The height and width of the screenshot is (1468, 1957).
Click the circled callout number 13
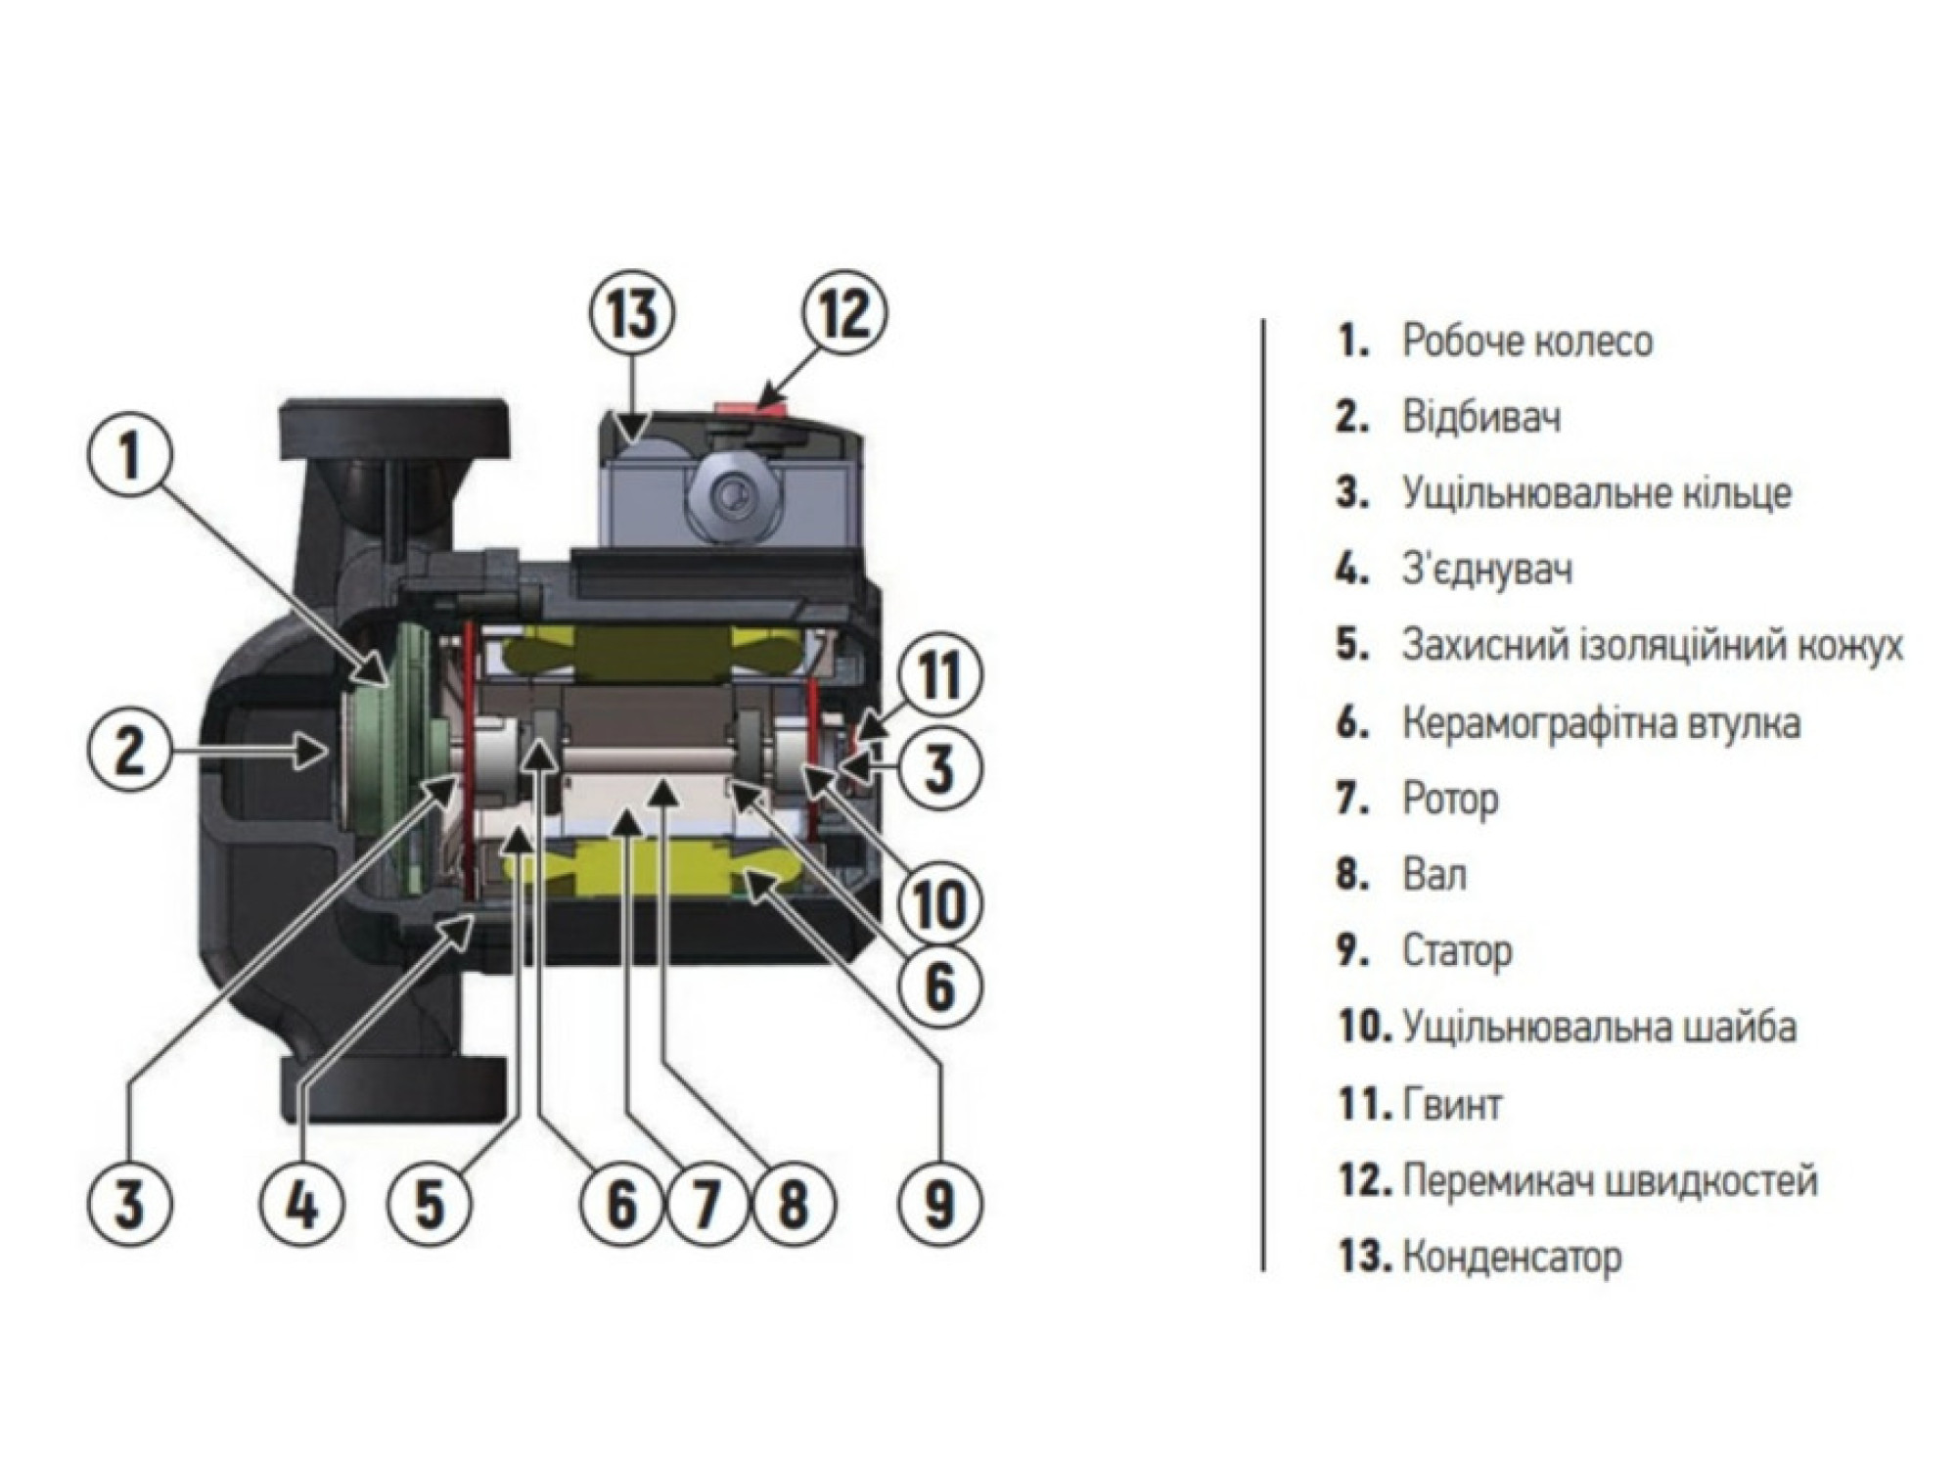point(631,315)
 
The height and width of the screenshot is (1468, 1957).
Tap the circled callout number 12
point(843,315)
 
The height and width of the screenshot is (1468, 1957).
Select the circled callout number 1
point(129,457)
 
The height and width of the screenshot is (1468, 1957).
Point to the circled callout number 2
point(129,751)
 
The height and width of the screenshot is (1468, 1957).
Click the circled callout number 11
point(937,674)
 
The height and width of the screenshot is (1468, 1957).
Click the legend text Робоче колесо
point(1526,341)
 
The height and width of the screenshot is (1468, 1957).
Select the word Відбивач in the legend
point(1481,417)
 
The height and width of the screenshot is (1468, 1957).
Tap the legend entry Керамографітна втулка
point(1601,723)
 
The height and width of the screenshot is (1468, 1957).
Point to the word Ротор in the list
point(1450,799)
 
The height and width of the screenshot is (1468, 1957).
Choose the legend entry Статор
point(1457,951)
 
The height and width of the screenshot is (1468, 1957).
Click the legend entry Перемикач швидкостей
point(1610,1180)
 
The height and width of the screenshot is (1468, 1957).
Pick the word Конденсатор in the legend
point(1512,1257)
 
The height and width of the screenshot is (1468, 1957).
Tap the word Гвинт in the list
point(1452,1105)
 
